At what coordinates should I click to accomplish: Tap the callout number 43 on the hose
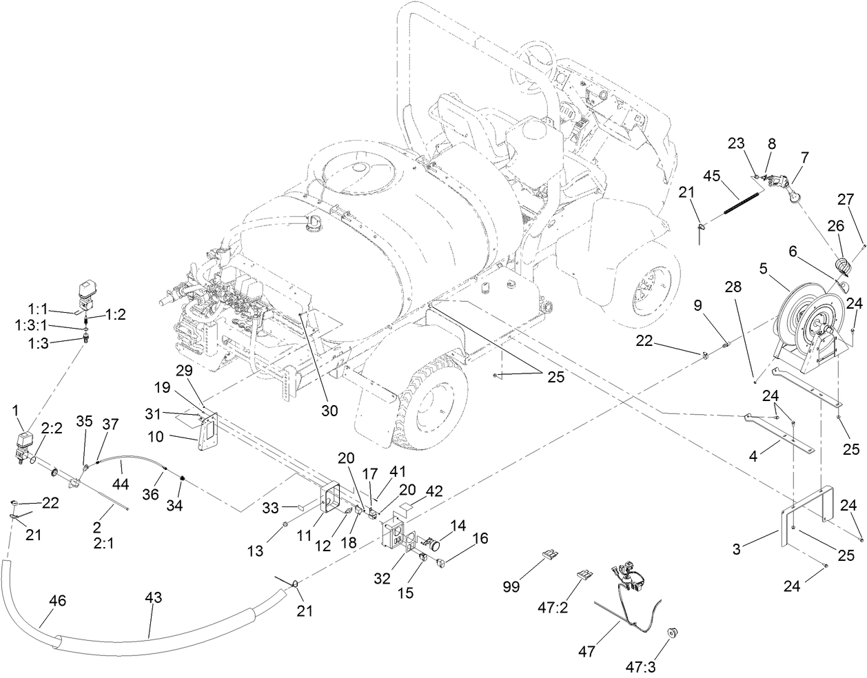tap(153, 597)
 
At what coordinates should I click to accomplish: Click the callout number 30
tap(329, 410)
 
